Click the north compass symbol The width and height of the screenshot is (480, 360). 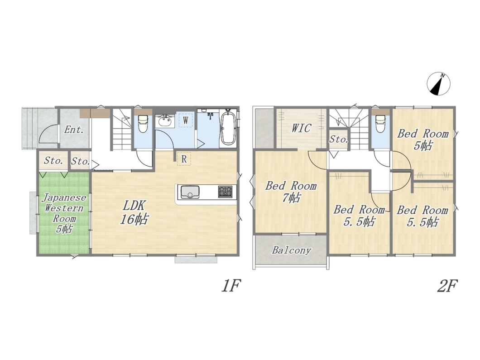pyautogui.click(x=439, y=84)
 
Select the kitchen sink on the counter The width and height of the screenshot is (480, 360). pyautogui.click(x=190, y=192)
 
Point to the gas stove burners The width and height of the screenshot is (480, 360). pyautogui.click(x=225, y=192)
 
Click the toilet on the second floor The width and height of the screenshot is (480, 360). pyautogui.click(x=380, y=123)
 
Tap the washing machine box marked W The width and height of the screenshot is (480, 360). pyautogui.click(x=186, y=120)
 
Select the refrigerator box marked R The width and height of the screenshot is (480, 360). pyautogui.click(x=184, y=159)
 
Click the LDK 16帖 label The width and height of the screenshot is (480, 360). pyautogui.click(x=134, y=213)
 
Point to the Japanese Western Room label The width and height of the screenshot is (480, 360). pyautogui.click(x=64, y=213)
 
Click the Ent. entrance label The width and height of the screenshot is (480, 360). pyautogui.click(x=74, y=130)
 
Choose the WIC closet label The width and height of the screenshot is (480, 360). pyautogui.click(x=301, y=128)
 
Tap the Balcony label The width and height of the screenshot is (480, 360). pyautogui.click(x=292, y=250)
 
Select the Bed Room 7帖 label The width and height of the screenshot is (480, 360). pyautogui.click(x=291, y=192)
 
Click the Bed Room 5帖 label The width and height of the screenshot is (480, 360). pyautogui.click(x=423, y=140)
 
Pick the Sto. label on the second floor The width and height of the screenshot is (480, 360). pyautogui.click(x=339, y=139)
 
